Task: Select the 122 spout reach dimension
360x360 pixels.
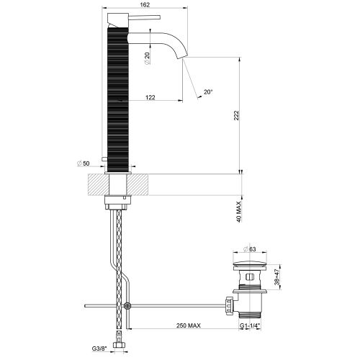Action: pos(149,96)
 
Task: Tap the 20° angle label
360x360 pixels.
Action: pos(208,92)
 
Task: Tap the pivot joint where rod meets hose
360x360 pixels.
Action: pos(127,305)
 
